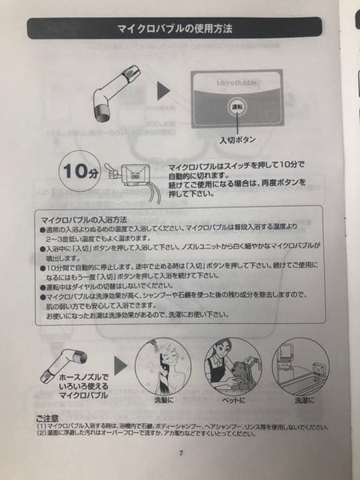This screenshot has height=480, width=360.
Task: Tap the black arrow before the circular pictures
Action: [119, 365]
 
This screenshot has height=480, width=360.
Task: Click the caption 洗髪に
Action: [164, 401]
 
